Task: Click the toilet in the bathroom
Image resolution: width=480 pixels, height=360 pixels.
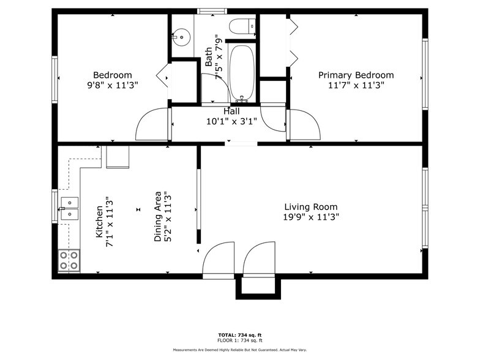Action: click(241, 26)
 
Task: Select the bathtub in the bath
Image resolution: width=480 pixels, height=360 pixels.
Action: click(242, 72)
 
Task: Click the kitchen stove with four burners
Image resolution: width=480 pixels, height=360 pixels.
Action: click(69, 260)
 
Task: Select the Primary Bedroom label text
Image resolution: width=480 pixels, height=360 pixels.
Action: click(356, 75)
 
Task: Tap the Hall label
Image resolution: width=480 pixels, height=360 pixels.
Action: click(231, 111)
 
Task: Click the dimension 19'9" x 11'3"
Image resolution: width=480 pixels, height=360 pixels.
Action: click(310, 217)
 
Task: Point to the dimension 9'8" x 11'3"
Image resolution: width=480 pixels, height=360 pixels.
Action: click(113, 85)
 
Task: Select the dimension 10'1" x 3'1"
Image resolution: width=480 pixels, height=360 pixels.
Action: click(231, 121)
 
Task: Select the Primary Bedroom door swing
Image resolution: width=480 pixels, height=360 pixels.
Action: click(304, 125)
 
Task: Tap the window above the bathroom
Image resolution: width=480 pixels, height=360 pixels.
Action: click(212, 10)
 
